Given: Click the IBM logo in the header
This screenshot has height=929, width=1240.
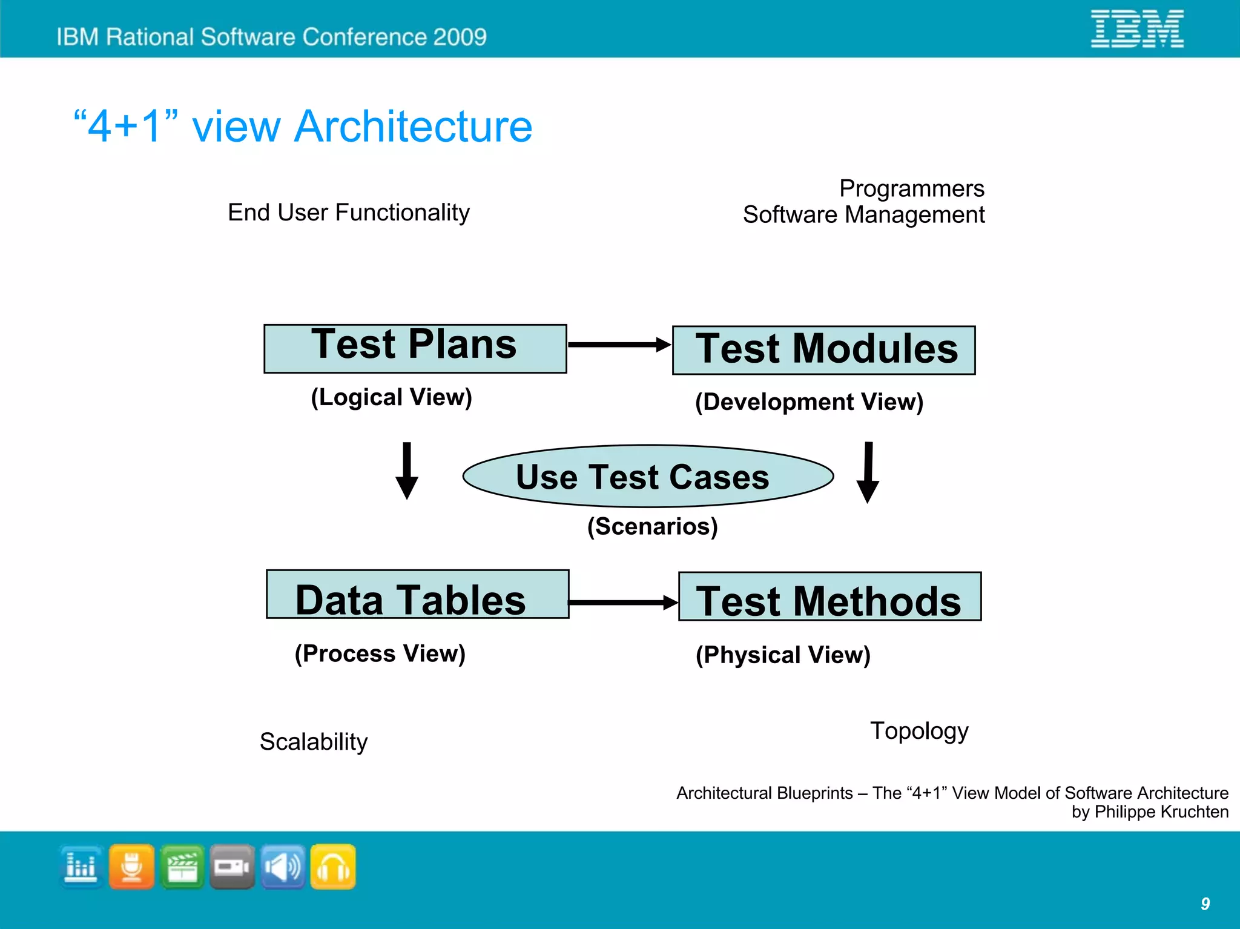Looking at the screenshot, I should coord(1137,28).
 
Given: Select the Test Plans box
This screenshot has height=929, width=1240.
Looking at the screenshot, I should coord(415,348).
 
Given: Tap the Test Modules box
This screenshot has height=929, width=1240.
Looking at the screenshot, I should coord(823,350).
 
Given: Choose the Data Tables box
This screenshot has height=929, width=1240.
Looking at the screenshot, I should coord(417,594).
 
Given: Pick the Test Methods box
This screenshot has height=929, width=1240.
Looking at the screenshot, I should coord(829,597).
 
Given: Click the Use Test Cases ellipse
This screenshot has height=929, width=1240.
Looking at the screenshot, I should coord(648,476).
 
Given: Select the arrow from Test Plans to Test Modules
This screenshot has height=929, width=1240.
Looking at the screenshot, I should coord(619,345).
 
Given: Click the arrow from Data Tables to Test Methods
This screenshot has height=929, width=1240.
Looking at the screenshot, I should coord(623,602).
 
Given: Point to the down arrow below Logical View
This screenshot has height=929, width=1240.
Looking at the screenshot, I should coord(407,471).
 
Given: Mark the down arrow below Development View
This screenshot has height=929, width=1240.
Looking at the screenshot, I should coord(868,473).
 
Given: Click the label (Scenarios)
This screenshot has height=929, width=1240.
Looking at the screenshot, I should coord(653,526).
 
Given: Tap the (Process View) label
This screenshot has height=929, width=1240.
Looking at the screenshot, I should coord(380,653).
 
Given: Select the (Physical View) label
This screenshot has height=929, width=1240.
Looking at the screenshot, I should coord(783,655).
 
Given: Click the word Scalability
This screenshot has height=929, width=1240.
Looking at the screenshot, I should coord(314,742).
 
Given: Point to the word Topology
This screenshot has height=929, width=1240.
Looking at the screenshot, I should coord(919,731).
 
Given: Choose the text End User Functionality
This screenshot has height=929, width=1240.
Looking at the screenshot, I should coord(349,213).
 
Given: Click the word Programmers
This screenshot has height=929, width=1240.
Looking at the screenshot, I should coord(911,188).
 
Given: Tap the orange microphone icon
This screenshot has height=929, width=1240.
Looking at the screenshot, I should coord(131,867).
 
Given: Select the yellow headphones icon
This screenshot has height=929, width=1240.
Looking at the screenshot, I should coord(333,867).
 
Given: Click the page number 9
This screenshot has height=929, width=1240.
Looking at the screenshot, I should coord(1205,904).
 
